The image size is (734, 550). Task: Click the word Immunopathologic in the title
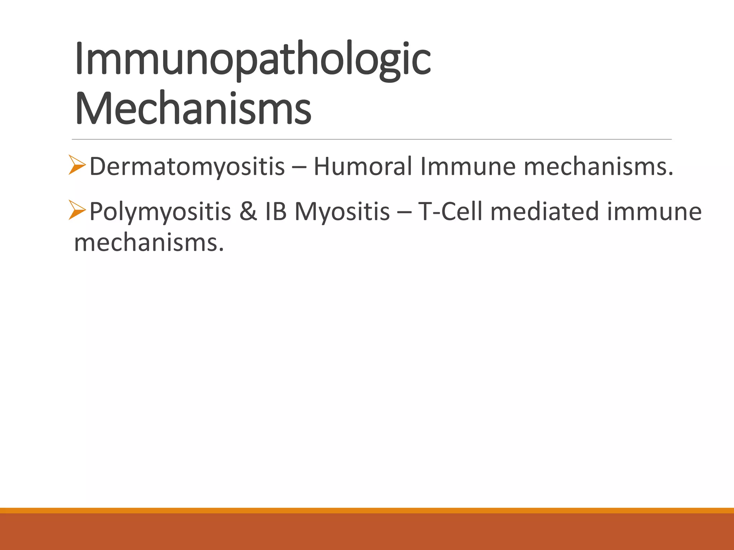pos(253,59)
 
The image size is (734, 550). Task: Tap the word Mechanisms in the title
pos(194,108)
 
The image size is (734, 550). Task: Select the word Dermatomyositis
pos(187,167)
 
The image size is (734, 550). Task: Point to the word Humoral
pos(362,167)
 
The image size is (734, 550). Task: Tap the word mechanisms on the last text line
pos(149,243)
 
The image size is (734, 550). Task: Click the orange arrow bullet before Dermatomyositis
pos(77,165)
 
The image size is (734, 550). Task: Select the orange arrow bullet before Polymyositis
pos(77,210)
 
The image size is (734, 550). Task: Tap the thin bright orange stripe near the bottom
pos(367,510)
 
